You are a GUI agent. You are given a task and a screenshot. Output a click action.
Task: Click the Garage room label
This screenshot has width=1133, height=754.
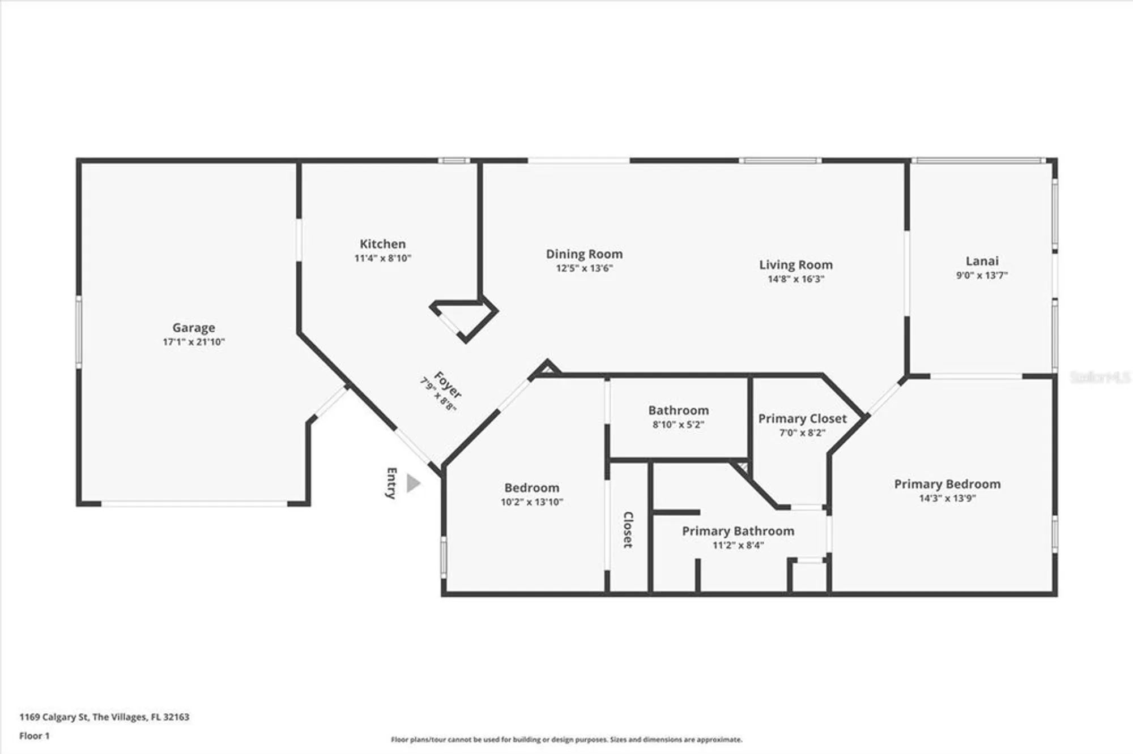[194, 328]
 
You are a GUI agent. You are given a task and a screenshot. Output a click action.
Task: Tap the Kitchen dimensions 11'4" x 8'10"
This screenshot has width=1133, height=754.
[382, 258]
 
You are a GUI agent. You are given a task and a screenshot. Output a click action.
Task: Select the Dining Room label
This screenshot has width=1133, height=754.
[584, 254]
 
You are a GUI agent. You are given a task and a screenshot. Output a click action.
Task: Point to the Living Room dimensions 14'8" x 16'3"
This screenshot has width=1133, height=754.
[795, 279]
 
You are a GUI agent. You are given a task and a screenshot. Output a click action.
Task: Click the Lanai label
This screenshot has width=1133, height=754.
[982, 261]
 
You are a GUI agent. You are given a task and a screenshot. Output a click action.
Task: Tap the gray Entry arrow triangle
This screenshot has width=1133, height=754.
[414, 483]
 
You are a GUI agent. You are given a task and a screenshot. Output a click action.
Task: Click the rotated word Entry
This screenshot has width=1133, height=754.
[391, 483]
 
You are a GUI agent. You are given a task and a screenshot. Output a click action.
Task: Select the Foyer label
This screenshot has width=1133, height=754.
[448, 384]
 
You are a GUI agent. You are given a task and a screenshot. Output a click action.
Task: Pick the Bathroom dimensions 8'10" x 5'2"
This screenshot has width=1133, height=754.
[678, 425]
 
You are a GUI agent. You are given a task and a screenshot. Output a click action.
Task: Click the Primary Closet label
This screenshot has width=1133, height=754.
[802, 418]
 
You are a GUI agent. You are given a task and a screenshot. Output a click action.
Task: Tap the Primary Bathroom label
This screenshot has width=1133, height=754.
[738, 531]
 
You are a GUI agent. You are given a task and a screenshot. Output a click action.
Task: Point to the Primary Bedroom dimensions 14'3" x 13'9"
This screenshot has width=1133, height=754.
[947, 498]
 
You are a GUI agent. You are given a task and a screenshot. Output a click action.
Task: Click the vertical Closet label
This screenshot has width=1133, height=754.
[628, 530]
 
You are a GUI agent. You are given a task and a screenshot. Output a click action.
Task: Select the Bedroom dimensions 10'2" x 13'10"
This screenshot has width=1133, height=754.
[531, 502]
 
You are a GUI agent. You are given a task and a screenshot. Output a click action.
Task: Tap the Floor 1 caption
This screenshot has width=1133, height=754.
[35, 736]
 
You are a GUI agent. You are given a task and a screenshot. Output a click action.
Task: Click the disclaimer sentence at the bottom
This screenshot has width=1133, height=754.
[566, 739]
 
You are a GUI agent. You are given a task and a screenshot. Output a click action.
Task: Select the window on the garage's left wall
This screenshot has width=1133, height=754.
[79, 332]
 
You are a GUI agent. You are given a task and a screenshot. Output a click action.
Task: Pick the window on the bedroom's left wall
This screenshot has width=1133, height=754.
[444, 557]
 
